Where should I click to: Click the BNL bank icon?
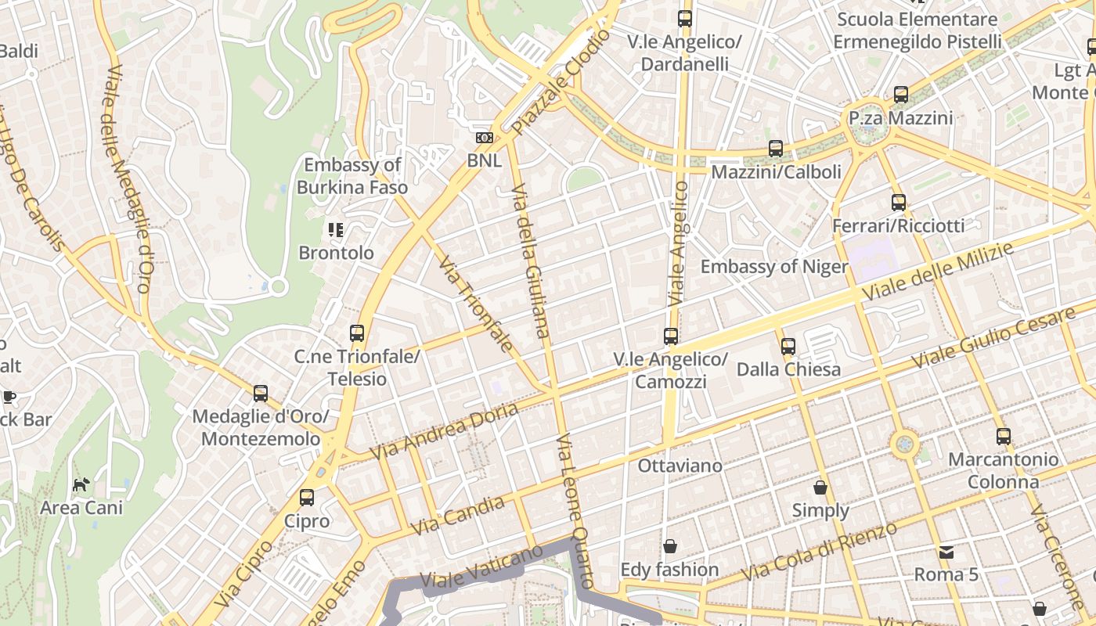point(485,138)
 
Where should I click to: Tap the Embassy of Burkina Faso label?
point(352,176)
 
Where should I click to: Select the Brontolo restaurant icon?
point(336,230)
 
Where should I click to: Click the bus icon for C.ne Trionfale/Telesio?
point(357,333)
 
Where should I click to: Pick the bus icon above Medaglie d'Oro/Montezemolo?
point(261,394)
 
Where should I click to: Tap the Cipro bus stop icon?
point(307,498)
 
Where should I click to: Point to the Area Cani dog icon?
point(81,484)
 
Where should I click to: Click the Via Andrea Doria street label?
point(444,431)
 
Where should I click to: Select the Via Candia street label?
point(458,516)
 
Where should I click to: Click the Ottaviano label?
point(680,466)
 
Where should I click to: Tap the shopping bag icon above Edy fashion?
point(670,545)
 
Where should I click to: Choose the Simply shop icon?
point(820,487)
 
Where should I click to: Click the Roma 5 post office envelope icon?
point(946,552)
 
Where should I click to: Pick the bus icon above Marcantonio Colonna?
point(1004,437)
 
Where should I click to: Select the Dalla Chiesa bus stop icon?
point(788,346)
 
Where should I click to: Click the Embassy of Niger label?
point(773,267)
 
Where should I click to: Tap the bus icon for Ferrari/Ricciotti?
point(899,203)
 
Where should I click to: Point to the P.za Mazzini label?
point(901,118)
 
